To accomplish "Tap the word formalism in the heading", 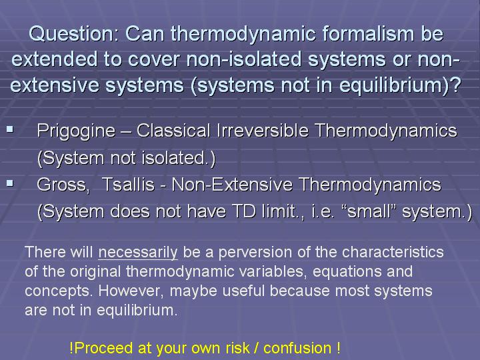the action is click(x=368, y=33).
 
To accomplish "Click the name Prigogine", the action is click(x=76, y=131).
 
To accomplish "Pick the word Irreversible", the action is click(x=263, y=131).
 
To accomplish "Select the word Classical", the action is click(x=173, y=131).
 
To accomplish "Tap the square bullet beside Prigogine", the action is click(x=10, y=129).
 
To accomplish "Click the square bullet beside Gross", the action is click(x=10, y=183).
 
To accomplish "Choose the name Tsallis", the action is click(x=128, y=185).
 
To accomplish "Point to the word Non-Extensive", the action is click(x=232, y=185).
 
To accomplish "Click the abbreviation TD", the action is click(x=244, y=211).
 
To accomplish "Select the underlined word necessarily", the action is click(x=138, y=253).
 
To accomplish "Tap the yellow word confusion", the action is click(x=297, y=349).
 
